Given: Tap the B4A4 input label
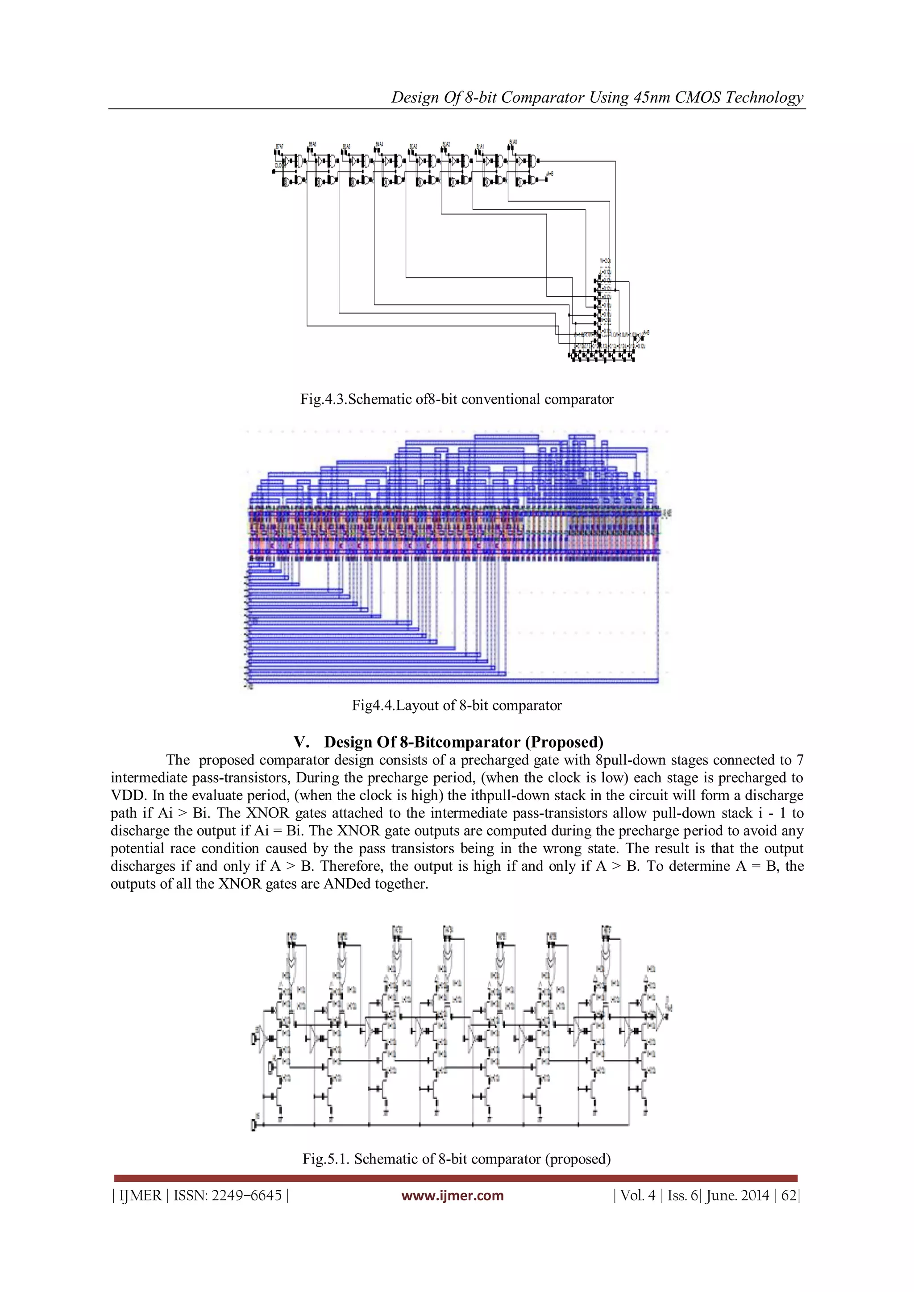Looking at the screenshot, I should pos(379,144).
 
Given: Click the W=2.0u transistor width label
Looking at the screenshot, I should pos(605,261).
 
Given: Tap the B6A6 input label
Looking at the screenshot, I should pos(312,145).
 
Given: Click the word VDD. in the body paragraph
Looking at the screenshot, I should pos(128,796).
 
